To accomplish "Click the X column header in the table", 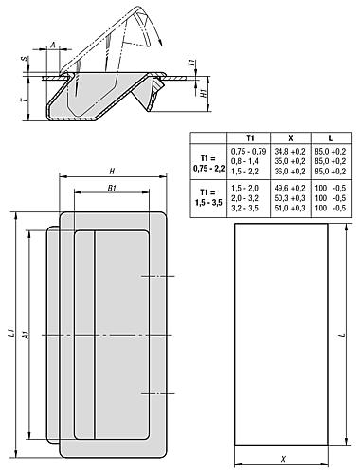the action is point(291,138).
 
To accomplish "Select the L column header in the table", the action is point(331,138).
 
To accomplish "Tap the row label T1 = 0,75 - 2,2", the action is point(208,163).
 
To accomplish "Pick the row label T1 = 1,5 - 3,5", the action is point(208,197).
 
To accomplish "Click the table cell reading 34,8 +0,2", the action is point(290,151).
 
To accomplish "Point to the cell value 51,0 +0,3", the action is point(290,208).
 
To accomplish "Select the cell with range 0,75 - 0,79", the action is point(249,151).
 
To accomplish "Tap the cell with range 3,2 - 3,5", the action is point(245,208).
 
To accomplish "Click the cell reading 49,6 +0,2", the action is point(290,188).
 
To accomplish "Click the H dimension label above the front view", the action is point(112,172).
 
